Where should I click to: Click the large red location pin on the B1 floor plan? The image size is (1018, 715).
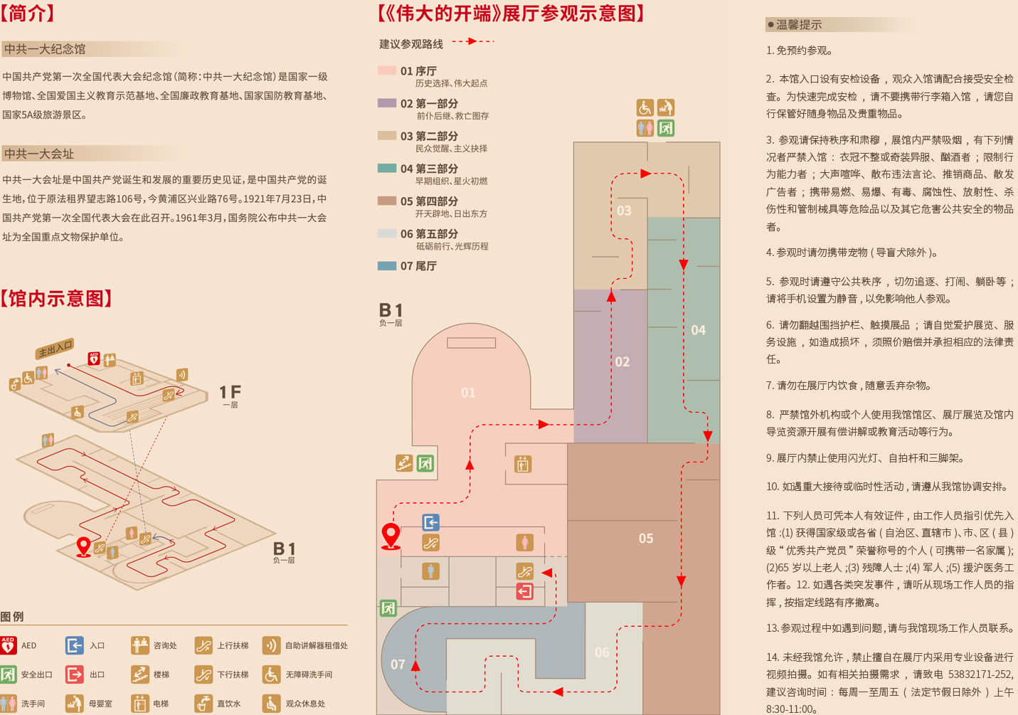391,536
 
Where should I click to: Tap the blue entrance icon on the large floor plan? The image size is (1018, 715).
430,522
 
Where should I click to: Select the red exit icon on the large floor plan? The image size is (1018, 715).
524,591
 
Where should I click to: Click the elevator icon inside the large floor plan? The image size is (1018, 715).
523,464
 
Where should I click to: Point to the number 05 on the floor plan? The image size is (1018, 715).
646,538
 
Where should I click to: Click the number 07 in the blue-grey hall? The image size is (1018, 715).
398,664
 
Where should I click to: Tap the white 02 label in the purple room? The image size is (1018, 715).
622,362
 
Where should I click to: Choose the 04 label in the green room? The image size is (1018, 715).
698,330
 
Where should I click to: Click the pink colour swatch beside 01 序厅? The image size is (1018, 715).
387,70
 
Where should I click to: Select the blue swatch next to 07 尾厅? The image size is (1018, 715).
387,266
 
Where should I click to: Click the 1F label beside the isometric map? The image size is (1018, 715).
230,392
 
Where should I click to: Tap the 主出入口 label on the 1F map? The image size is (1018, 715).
55,349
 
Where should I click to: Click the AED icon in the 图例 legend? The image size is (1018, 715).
8,645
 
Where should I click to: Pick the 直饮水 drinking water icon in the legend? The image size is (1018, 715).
203,703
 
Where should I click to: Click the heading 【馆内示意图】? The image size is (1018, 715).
56,299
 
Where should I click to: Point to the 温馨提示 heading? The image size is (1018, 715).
798,25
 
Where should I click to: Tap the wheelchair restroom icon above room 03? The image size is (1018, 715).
645,107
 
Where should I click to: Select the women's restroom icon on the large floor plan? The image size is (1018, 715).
524,542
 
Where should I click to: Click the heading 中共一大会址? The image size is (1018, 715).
39,154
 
